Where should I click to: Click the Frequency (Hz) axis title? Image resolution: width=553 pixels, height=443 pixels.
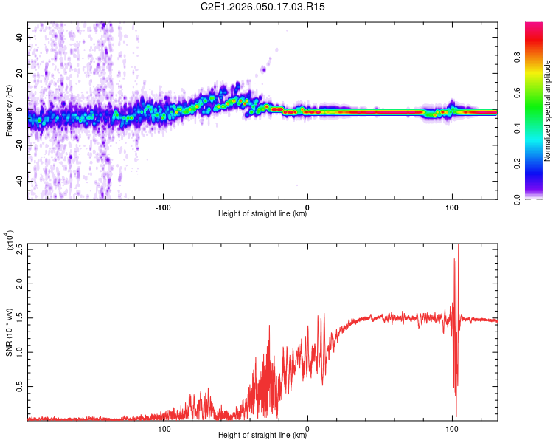(9, 111)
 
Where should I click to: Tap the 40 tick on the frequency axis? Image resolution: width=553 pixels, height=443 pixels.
(19, 37)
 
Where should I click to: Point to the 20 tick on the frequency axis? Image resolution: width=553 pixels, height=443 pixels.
(19, 73)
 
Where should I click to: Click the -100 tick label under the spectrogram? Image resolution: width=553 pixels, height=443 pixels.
(163, 206)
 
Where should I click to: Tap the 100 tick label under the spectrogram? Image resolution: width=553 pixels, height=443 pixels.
(451, 206)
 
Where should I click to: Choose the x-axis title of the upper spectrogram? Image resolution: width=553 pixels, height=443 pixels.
(262, 215)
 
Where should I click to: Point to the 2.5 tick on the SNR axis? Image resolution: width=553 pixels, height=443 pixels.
(19, 249)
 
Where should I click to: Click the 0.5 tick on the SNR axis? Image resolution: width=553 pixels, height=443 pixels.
(19, 385)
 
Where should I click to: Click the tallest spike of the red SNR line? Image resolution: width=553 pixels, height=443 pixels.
(459, 246)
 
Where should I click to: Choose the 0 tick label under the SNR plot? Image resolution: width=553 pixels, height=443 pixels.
(307, 427)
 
